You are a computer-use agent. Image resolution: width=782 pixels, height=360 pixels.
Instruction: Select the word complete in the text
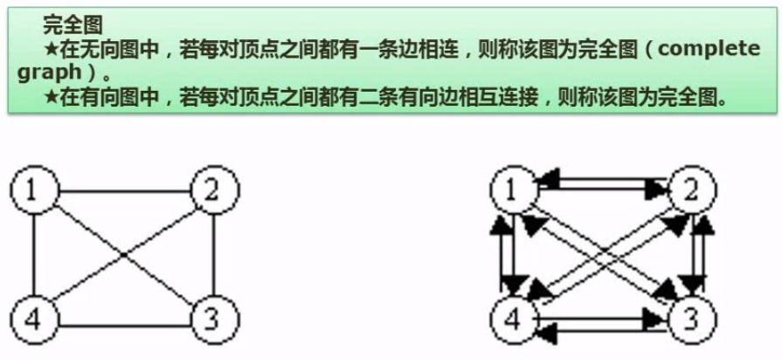point(707,48)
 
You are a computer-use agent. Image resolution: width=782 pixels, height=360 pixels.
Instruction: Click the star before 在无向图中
point(50,49)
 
